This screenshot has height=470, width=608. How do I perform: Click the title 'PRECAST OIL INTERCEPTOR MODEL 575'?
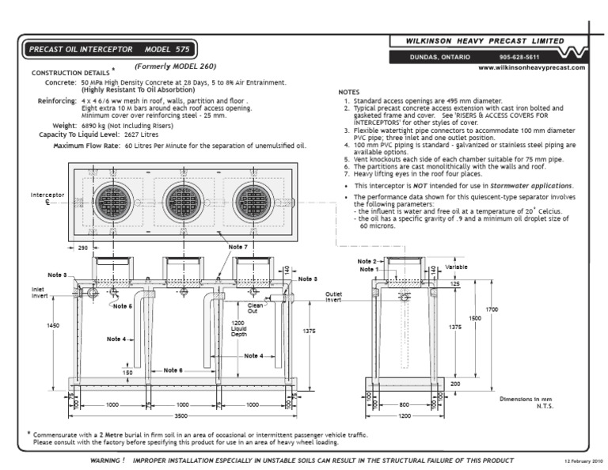[108, 49]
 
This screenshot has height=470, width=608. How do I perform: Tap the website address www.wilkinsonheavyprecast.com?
[532, 68]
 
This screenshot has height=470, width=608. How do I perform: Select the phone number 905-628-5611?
[519, 57]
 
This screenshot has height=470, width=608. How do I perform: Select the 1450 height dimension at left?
[53, 325]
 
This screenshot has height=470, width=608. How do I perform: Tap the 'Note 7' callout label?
[238, 248]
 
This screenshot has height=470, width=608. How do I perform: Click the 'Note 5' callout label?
[122, 305]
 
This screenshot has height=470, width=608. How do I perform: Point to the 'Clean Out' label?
[256, 308]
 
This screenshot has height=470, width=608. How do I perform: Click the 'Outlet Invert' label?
[333, 297]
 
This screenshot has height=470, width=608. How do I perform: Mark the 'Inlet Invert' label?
[39, 293]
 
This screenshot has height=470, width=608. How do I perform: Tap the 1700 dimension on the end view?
[492, 309]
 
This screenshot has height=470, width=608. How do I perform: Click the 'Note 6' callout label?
[173, 370]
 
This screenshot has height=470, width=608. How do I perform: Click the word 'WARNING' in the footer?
[107, 460]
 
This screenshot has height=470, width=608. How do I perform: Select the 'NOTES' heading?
[349, 92]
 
